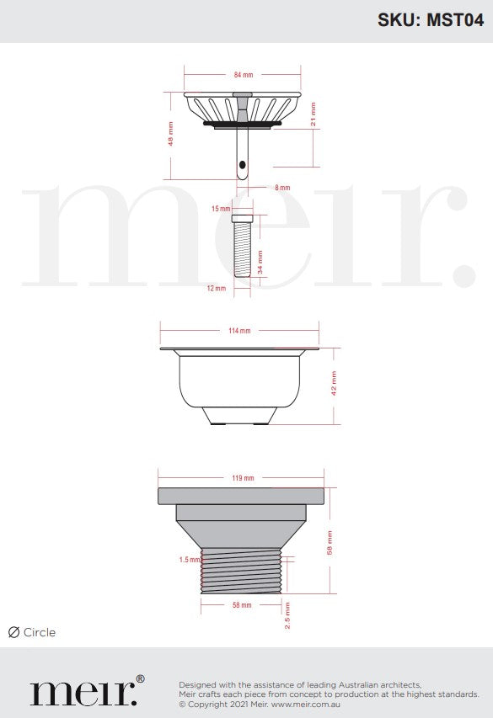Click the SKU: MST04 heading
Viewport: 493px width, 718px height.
point(431,20)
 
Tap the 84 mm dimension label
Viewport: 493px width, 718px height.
point(243,75)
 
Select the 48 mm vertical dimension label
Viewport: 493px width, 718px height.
point(170,134)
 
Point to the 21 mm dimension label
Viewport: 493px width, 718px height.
point(313,114)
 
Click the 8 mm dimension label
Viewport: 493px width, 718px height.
point(282,188)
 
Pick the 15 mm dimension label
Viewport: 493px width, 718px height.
point(221,209)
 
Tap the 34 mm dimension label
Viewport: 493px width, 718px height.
point(260,262)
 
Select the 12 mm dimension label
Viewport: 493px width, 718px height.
point(217,289)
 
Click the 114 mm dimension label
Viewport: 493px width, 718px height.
point(239,331)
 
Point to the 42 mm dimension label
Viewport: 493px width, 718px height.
point(334,383)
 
